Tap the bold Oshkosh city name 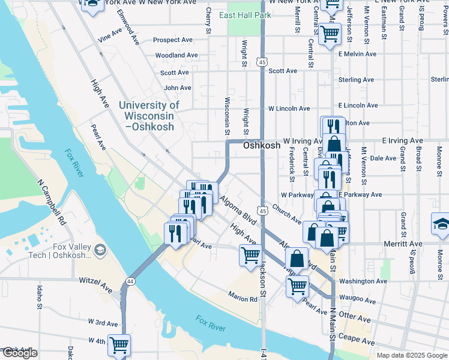[262, 146]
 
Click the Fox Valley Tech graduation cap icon [100, 250]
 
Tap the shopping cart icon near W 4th [119, 345]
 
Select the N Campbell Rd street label [50, 201]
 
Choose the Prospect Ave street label [172, 40]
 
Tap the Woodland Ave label [176, 55]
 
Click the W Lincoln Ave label [289, 109]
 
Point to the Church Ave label [286, 213]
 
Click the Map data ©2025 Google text [411, 355]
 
